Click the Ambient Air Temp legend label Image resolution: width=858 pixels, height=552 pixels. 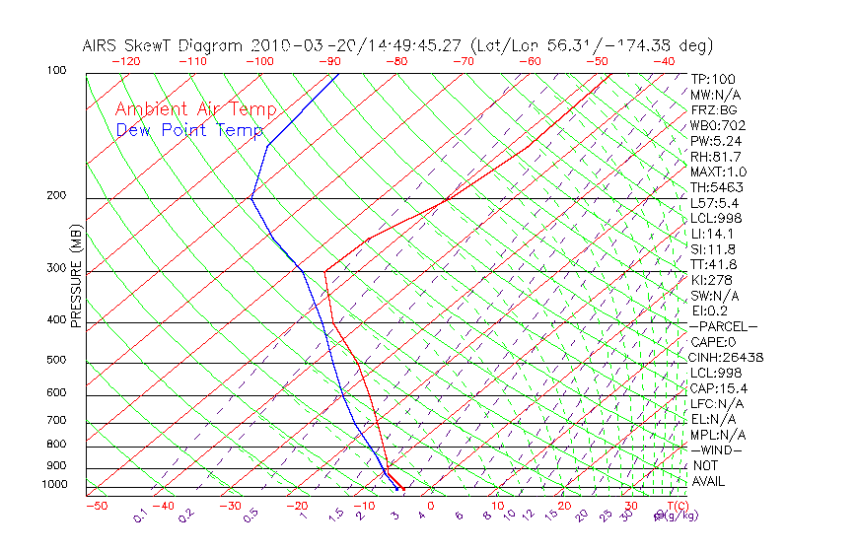coord(196,109)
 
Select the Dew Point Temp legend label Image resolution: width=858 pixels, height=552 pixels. coord(189,130)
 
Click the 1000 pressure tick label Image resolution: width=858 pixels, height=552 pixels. coord(54,484)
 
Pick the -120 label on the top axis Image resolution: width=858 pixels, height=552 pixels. coord(126,61)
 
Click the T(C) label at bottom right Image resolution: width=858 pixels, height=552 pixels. coord(664,506)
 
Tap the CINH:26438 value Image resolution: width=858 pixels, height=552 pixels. coord(728,357)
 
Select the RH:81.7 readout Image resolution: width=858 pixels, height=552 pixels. coord(715,157)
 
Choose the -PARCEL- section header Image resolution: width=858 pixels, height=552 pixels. coord(723,326)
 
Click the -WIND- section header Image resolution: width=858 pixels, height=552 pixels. coord(716,449)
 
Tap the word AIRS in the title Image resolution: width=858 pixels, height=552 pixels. coord(102,45)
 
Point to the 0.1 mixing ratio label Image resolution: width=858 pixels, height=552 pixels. coord(141,516)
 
